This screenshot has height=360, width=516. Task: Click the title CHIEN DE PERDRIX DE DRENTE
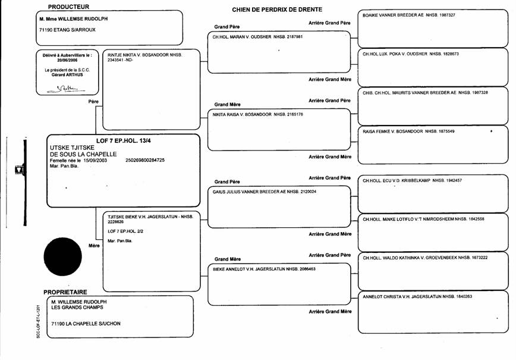(x=277, y=10)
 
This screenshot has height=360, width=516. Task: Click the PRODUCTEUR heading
(x=68, y=7)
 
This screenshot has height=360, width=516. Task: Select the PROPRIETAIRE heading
(x=65, y=292)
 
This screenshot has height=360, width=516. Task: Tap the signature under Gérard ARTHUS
(x=66, y=89)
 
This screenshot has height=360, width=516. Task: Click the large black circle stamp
(x=62, y=256)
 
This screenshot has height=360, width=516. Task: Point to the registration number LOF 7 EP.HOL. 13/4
(x=124, y=141)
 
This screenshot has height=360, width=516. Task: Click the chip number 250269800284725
(x=145, y=161)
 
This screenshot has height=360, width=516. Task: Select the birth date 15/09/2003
(x=95, y=161)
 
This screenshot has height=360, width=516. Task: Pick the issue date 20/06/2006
(x=67, y=60)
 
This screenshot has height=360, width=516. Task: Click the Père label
(x=93, y=102)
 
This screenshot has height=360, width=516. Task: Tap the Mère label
(x=94, y=246)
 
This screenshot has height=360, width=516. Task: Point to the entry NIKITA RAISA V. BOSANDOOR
(x=242, y=115)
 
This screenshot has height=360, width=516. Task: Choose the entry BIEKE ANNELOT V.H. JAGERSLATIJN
(x=248, y=269)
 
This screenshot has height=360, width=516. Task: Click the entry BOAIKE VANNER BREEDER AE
(x=394, y=15)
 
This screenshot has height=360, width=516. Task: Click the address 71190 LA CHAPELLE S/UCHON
(x=86, y=324)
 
